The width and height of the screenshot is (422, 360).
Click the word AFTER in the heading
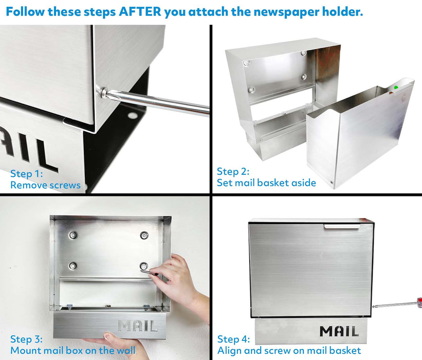tap(140, 12)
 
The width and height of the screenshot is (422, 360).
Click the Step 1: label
tap(26, 174)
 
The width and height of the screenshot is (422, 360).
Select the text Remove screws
tap(45, 185)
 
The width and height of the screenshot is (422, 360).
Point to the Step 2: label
tap(233, 172)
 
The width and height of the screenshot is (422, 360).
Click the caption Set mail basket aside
tap(266, 183)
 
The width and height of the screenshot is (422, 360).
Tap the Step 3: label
tap(26, 339)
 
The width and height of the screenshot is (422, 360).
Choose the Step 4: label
tap(233, 339)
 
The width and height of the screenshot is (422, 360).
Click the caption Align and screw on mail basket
tap(289, 351)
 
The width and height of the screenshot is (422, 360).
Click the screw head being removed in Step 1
tap(103, 93)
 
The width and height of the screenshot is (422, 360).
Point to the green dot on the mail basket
tap(396, 87)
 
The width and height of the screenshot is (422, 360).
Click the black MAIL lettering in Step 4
tap(339, 331)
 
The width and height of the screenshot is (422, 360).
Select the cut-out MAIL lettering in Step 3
tap(137, 326)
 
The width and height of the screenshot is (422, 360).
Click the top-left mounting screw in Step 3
tap(72, 236)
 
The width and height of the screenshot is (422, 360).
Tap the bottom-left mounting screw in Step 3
tap(72, 266)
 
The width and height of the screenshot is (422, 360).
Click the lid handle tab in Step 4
tap(342, 226)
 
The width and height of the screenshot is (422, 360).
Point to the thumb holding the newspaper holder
tap(112, 337)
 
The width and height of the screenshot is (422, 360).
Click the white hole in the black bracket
tap(133, 116)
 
